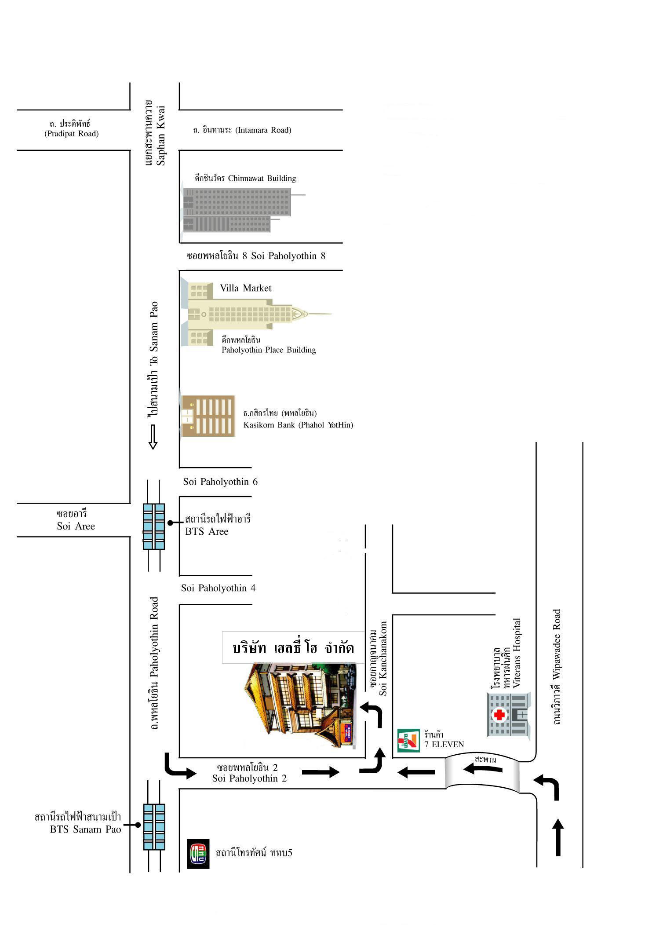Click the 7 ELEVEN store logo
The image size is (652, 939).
pyautogui.click(x=407, y=741)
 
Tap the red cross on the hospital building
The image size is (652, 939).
pyautogui.click(x=499, y=715)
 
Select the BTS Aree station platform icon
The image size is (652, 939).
pyautogui.click(x=154, y=526)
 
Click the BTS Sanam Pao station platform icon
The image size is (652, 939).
pyautogui.click(x=154, y=827)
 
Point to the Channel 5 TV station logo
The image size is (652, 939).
pyautogui.click(x=198, y=854)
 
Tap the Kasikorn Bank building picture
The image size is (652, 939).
pyautogui.click(x=208, y=416)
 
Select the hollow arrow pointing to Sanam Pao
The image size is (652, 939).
pyautogui.click(x=153, y=437)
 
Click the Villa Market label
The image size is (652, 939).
pyautogui.click(x=246, y=288)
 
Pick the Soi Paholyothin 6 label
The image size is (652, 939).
pyautogui.click(x=220, y=482)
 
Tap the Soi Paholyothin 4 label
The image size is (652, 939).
pyautogui.click(x=218, y=588)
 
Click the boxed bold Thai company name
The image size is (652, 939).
pyautogui.click(x=293, y=647)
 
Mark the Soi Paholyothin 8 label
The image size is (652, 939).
pyautogui.click(x=256, y=256)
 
